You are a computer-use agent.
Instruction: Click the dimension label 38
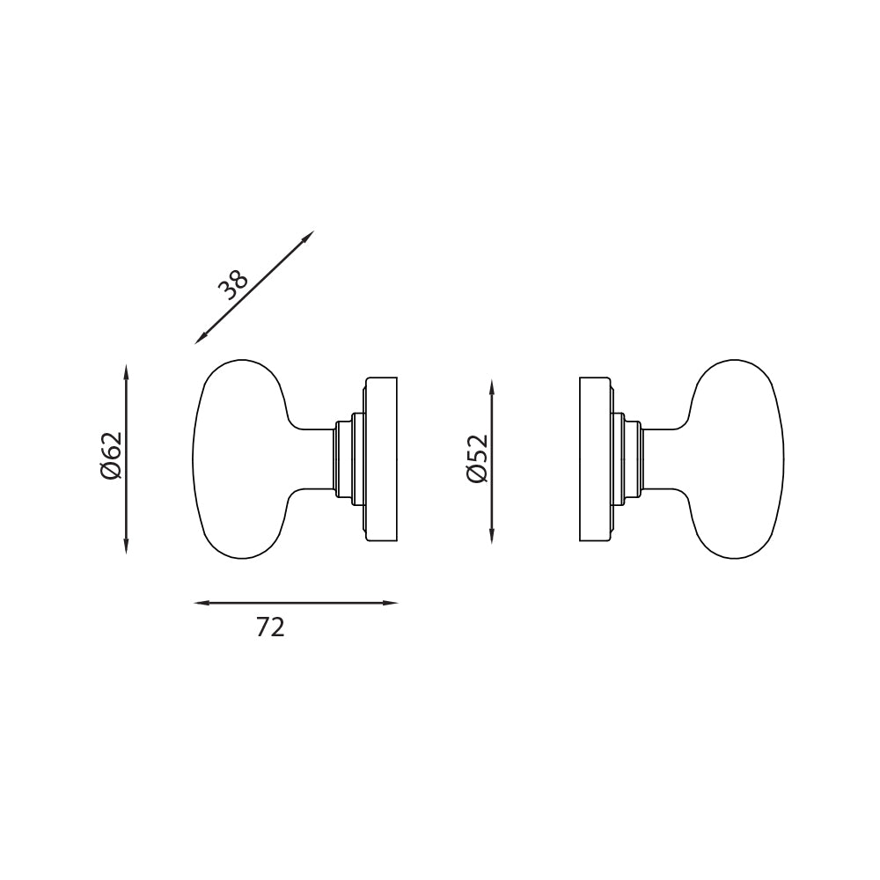[x=234, y=285]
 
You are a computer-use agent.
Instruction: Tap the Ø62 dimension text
[x=111, y=458]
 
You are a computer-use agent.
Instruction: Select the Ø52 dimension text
[x=476, y=459]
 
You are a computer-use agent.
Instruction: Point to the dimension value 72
[x=270, y=627]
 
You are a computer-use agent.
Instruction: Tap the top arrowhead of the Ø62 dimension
[x=127, y=370]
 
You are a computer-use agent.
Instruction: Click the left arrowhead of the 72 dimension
[x=200, y=603]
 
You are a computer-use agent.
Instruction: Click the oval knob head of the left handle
[x=238, y=458]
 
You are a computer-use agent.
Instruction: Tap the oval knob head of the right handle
[x=739, y=458]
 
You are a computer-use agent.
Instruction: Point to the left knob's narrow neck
[x=312, y=458]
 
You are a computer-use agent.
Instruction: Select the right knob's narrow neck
[x=664, y=458]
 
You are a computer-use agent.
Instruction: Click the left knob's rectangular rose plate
[x=382, y=458]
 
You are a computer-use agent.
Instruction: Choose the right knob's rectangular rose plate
[x=595, y=458]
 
